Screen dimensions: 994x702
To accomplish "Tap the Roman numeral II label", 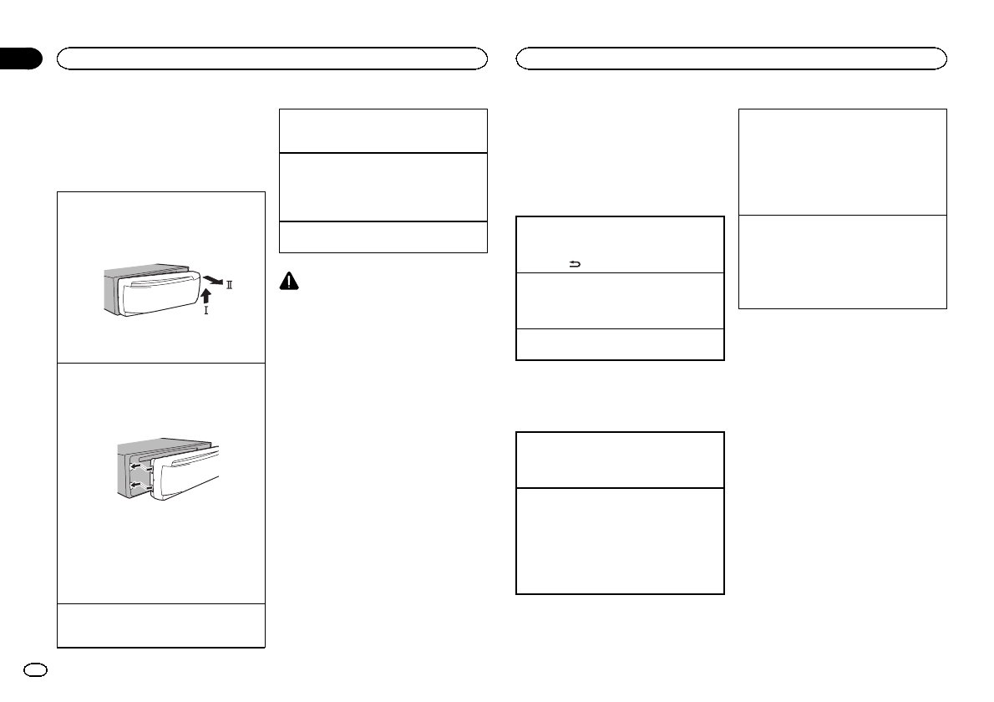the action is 228,286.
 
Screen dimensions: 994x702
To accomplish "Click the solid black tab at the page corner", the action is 20,58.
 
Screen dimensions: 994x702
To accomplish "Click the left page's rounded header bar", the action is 271,58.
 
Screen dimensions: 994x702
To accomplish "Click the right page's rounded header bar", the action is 732,58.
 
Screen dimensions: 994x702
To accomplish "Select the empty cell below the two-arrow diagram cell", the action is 161,625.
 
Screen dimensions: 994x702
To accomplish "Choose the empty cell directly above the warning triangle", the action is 383,237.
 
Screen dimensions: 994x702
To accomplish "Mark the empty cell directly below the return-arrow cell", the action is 620,300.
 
